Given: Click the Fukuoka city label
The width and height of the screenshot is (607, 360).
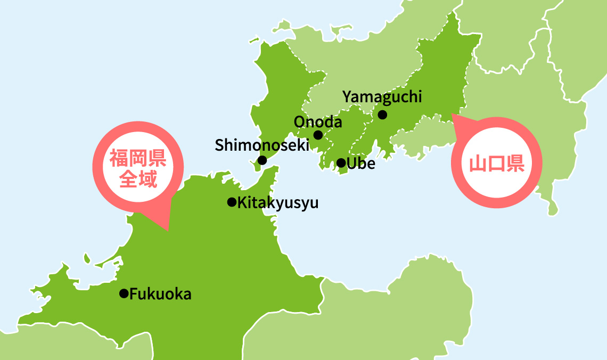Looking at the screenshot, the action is click(160, 294).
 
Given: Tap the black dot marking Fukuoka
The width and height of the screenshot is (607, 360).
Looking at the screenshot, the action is click(124, 293).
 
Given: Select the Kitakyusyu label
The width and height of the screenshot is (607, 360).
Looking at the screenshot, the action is click(277, 203).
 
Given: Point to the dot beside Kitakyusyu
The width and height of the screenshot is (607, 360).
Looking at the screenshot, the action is click(232, 202).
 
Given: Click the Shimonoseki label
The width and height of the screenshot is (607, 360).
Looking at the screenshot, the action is click(262, 145).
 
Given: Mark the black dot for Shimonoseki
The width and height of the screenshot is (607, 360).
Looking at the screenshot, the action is click(262, 160).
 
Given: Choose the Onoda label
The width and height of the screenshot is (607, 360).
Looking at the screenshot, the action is click(318, 122).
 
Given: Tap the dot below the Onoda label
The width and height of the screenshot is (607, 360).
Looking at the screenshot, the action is click(318, 135).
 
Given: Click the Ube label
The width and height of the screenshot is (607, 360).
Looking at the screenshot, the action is click(360, 163).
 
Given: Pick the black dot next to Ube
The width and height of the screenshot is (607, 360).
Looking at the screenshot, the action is click(341, 163).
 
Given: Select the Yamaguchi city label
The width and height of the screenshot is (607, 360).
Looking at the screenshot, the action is click(382, 97).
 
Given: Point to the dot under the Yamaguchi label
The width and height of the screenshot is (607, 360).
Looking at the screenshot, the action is click(382, 114).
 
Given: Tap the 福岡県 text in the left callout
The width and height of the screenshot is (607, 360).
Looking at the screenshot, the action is click(138, 158).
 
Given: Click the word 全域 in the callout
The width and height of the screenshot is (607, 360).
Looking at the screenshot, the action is click(138, 179).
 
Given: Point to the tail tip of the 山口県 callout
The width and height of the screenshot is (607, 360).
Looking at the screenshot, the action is click(452, 114).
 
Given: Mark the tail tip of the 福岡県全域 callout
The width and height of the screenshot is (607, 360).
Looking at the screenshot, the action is click(168, 230).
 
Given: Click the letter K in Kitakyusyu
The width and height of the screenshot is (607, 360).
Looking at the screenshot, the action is click(242, 203).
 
